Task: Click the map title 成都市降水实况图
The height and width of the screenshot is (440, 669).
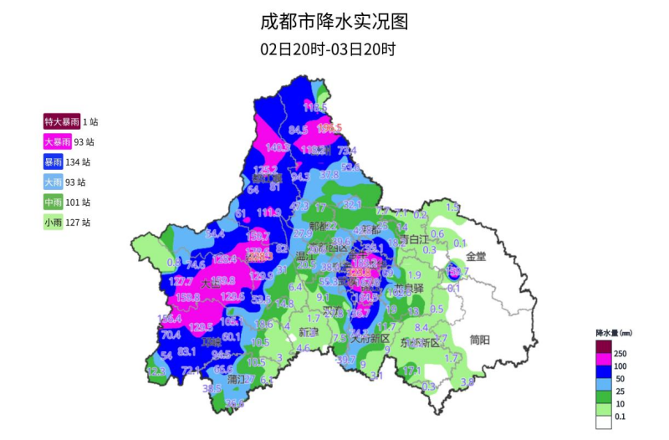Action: point(334,21)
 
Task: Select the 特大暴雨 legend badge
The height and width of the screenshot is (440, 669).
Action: point(62,121)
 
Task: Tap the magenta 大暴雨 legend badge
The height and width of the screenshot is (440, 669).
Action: point(59,141)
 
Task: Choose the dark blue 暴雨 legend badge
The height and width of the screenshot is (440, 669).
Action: point(53,161)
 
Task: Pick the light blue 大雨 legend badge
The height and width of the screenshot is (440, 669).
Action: point(53,182)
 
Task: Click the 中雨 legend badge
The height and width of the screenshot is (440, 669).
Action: point(53,202)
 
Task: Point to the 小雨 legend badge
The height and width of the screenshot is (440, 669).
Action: point(53,222)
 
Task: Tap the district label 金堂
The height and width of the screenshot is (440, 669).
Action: point(476,257)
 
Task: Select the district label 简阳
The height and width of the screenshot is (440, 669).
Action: point(480,340)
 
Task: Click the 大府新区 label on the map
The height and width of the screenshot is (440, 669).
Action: point(370,338)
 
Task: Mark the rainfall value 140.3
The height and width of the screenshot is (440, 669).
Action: point(277,148)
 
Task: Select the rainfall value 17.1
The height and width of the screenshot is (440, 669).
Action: point(411,370)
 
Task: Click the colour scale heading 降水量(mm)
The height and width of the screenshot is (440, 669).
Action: point(613,332)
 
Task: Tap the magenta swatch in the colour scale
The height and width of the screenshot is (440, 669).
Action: point(603,359)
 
